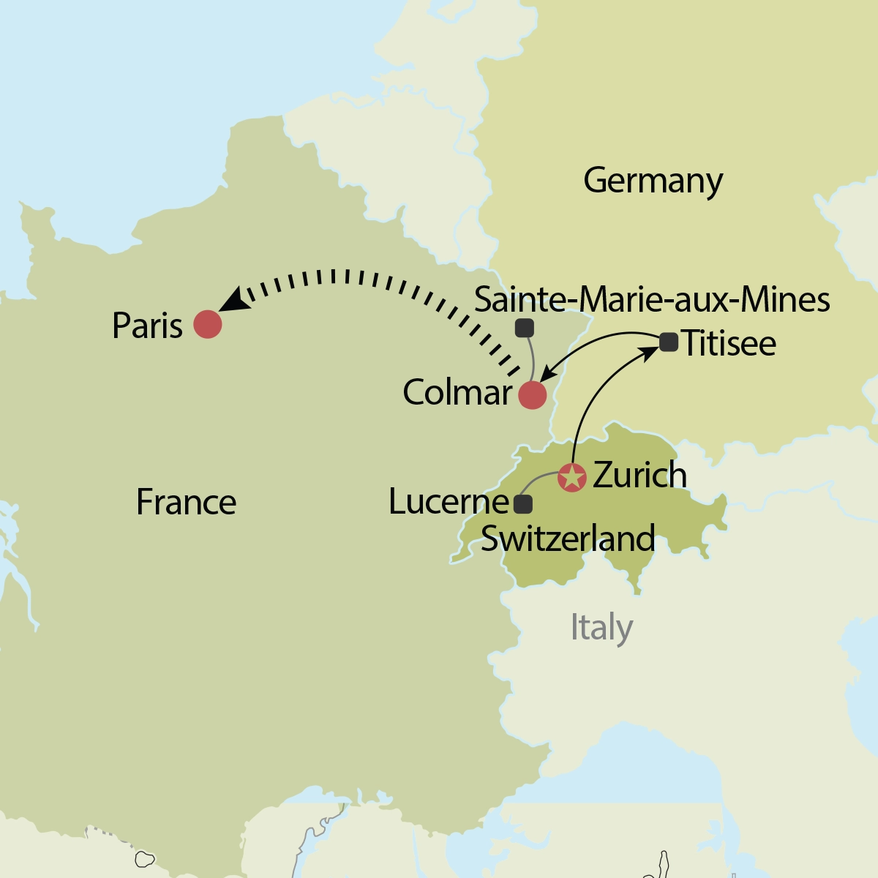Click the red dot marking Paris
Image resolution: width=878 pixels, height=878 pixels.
tap(208, 324)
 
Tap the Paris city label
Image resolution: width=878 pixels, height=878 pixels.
tap(147, 326)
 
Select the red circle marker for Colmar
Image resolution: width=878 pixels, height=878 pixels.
tap(532, 395)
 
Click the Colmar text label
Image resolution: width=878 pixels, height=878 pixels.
tap(457, 393)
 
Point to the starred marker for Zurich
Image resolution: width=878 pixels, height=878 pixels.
tap(571, 477)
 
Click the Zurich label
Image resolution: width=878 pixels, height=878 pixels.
tap(639, 476)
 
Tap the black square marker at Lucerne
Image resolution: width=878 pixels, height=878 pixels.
tap(523, 504)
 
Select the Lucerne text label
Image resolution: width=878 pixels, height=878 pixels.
tap(449, 502)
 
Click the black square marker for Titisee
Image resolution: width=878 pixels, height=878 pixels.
tap(669, 342)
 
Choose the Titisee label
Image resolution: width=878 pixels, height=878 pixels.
tap(729, 344)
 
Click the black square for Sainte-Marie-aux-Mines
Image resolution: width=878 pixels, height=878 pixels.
tap(524, 328)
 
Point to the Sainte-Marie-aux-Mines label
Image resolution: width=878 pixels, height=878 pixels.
tap(652, 300)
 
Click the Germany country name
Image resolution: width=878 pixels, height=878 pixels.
tap(653, 181)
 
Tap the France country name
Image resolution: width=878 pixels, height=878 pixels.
tap(186, 503)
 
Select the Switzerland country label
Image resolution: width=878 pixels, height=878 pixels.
tap(568, 539)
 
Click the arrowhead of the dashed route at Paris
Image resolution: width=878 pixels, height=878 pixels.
tap(233, 300)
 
